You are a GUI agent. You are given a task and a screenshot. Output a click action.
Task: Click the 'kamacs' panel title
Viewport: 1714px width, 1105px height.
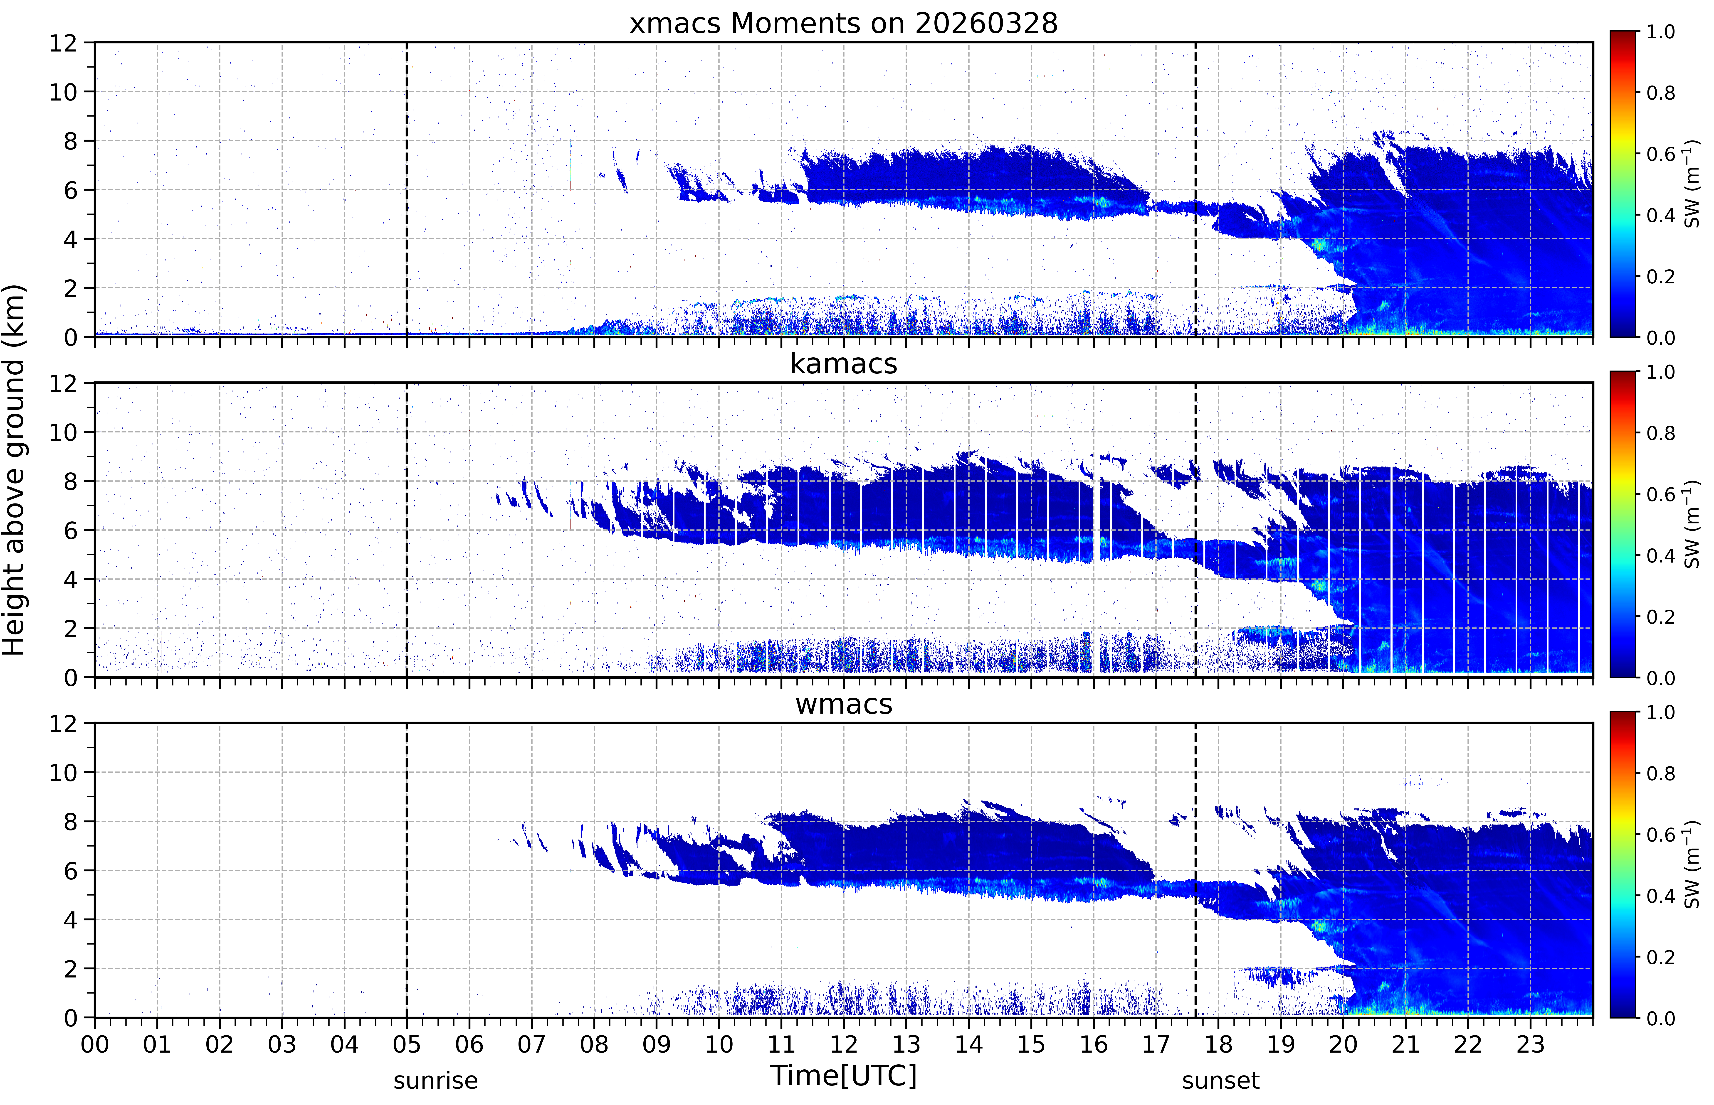click(843, 364)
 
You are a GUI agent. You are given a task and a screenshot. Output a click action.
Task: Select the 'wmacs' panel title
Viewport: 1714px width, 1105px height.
click(843, 704)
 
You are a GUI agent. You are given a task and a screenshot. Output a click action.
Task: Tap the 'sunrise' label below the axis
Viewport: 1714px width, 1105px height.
click(436, 1080)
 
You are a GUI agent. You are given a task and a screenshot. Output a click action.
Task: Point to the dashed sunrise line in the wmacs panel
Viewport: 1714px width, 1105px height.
click(407, 870)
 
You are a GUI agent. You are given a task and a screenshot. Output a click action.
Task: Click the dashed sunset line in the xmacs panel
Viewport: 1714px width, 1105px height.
click(1196, 189)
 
